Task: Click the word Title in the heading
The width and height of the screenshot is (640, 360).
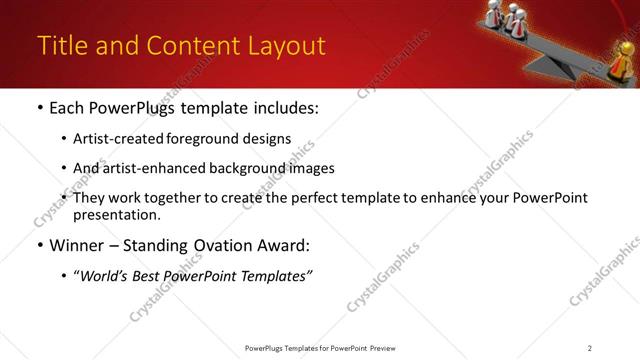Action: (x=61, y=46)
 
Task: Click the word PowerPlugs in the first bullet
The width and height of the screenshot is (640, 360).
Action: (x=137, y=108)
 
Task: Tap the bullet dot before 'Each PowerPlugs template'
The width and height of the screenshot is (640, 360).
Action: (x=39, y=108)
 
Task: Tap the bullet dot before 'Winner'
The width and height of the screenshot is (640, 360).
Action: (x=39, y=245)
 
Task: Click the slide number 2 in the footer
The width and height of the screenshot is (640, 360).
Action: (x=590, y=347)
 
